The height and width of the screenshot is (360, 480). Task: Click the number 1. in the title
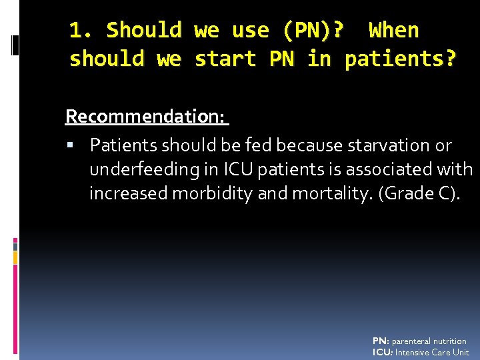[x=84, y=31]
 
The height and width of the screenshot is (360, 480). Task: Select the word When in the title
[x=394, y=31]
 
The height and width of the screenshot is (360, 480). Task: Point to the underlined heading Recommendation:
[x=146, y=117]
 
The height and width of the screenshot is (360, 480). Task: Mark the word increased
[x=129, y=194]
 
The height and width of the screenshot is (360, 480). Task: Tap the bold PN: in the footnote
[x=381, y=341]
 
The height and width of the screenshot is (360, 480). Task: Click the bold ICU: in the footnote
[x=383, y=353]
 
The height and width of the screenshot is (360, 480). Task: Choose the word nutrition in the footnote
[x=451, y=341]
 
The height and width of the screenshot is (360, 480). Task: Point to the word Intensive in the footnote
[x=413, y=353]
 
